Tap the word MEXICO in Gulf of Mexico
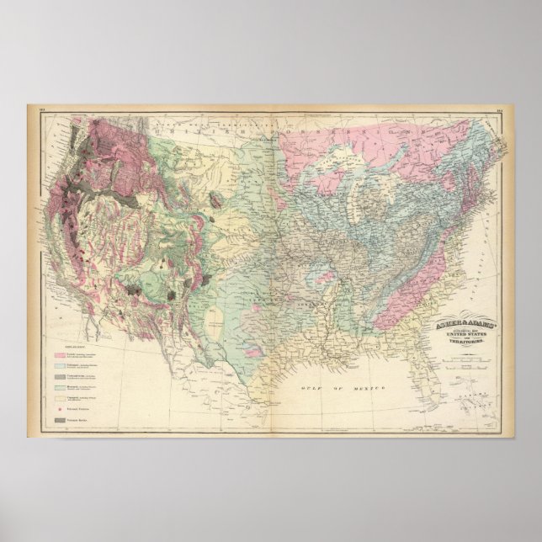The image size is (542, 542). pos(367,388)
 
